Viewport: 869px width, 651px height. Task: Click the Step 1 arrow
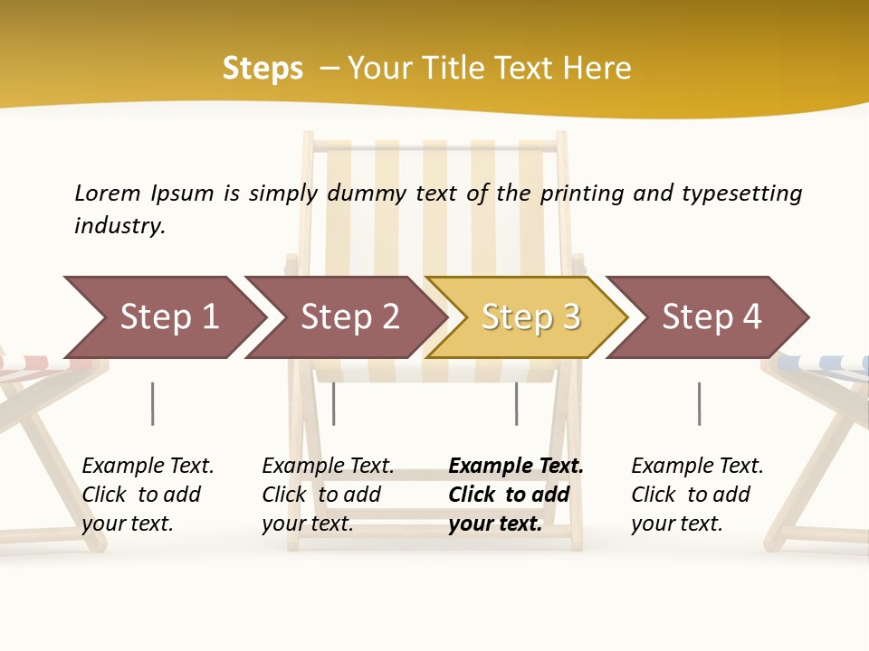167,317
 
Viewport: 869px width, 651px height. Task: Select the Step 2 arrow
349,317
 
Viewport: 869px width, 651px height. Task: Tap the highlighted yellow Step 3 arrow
530,317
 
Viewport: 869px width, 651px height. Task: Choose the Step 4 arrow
711,317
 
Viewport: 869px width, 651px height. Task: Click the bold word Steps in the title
263,69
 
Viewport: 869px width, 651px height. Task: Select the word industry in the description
119,226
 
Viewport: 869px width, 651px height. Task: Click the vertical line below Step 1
152,403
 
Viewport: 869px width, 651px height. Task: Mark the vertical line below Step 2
334,403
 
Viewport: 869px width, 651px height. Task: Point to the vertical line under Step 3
516,403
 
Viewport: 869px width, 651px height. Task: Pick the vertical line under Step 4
699,403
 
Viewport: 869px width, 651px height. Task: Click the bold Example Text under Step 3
516,467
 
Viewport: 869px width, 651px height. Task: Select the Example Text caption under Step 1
148,467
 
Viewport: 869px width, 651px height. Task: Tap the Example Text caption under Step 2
328,467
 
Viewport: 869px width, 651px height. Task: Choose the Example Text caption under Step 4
697,467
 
